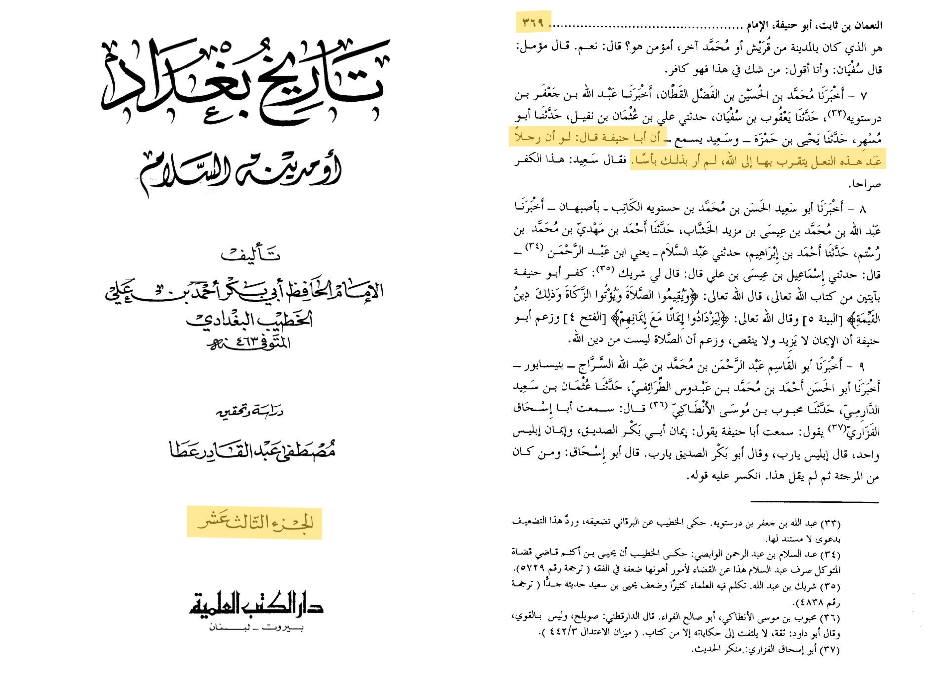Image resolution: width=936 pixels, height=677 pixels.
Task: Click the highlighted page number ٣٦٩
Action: point(533,23)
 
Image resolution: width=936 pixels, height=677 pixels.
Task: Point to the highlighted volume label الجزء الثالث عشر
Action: point(255,522)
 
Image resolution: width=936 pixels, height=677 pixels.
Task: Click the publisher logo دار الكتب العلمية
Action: point(256,605)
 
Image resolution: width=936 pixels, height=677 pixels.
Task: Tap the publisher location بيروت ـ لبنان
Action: point(256,628)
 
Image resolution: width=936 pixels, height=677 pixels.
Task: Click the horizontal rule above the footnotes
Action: point(814,502)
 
